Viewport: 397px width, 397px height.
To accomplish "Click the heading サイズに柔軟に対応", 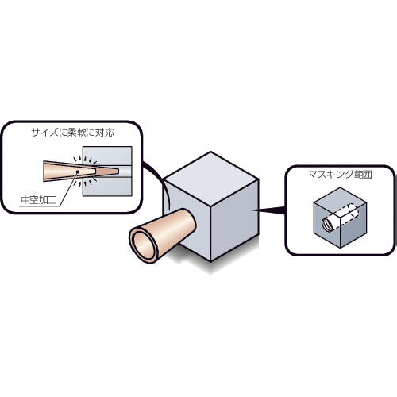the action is click(x=73, y=132).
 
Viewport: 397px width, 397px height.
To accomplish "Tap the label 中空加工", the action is click(x=39, y=200).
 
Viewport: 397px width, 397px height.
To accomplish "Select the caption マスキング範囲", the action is click(x=340, y=175).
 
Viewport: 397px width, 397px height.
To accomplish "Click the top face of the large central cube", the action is click(x=211, y=178).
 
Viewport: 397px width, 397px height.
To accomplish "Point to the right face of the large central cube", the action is click(x=234, y=220).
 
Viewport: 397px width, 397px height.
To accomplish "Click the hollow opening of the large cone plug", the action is click(x=145, y=244).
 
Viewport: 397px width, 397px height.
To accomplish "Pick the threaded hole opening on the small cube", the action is click(x=327, y=225).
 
